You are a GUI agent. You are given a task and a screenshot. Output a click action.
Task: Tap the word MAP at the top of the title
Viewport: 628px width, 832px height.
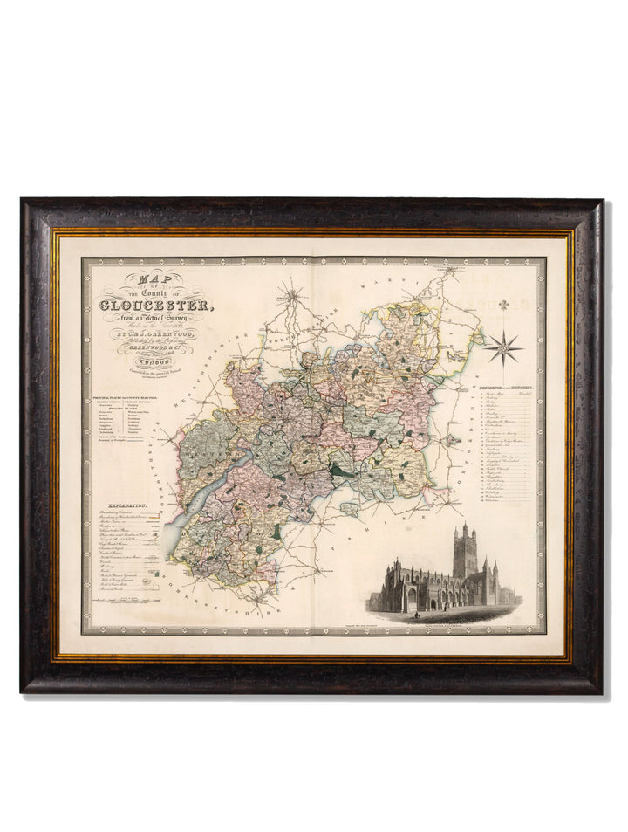click(142, 279)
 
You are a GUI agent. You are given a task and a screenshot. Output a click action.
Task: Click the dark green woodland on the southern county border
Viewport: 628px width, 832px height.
click(278, 531)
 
